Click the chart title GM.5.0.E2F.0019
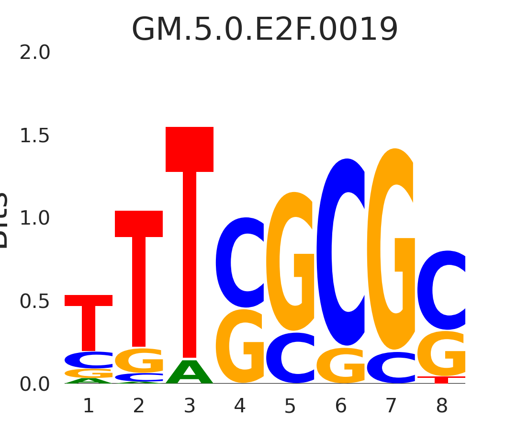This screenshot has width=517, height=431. pyautogui.click(x=265, y=30)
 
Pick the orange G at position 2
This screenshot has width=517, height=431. pyautogui.click(x=139, y=360)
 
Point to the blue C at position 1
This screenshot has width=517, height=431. pyautogui.click(x=89, y=360)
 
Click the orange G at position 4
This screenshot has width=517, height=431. pyautogui.click(x=239, y=346)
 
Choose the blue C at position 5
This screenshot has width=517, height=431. pyautogui.click(x=290, y=358)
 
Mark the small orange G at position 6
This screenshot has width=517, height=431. pyautogui.click(x=341, y=366)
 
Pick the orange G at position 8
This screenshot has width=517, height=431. pyautogui.click(x=441, y=353)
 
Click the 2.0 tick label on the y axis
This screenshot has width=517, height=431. pyautogui.click(x=34, y=53)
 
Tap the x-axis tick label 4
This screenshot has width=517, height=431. pyautogui.click(x=240, y=407)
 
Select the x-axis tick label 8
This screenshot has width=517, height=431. pyautogui.click(x=442, y=407)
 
